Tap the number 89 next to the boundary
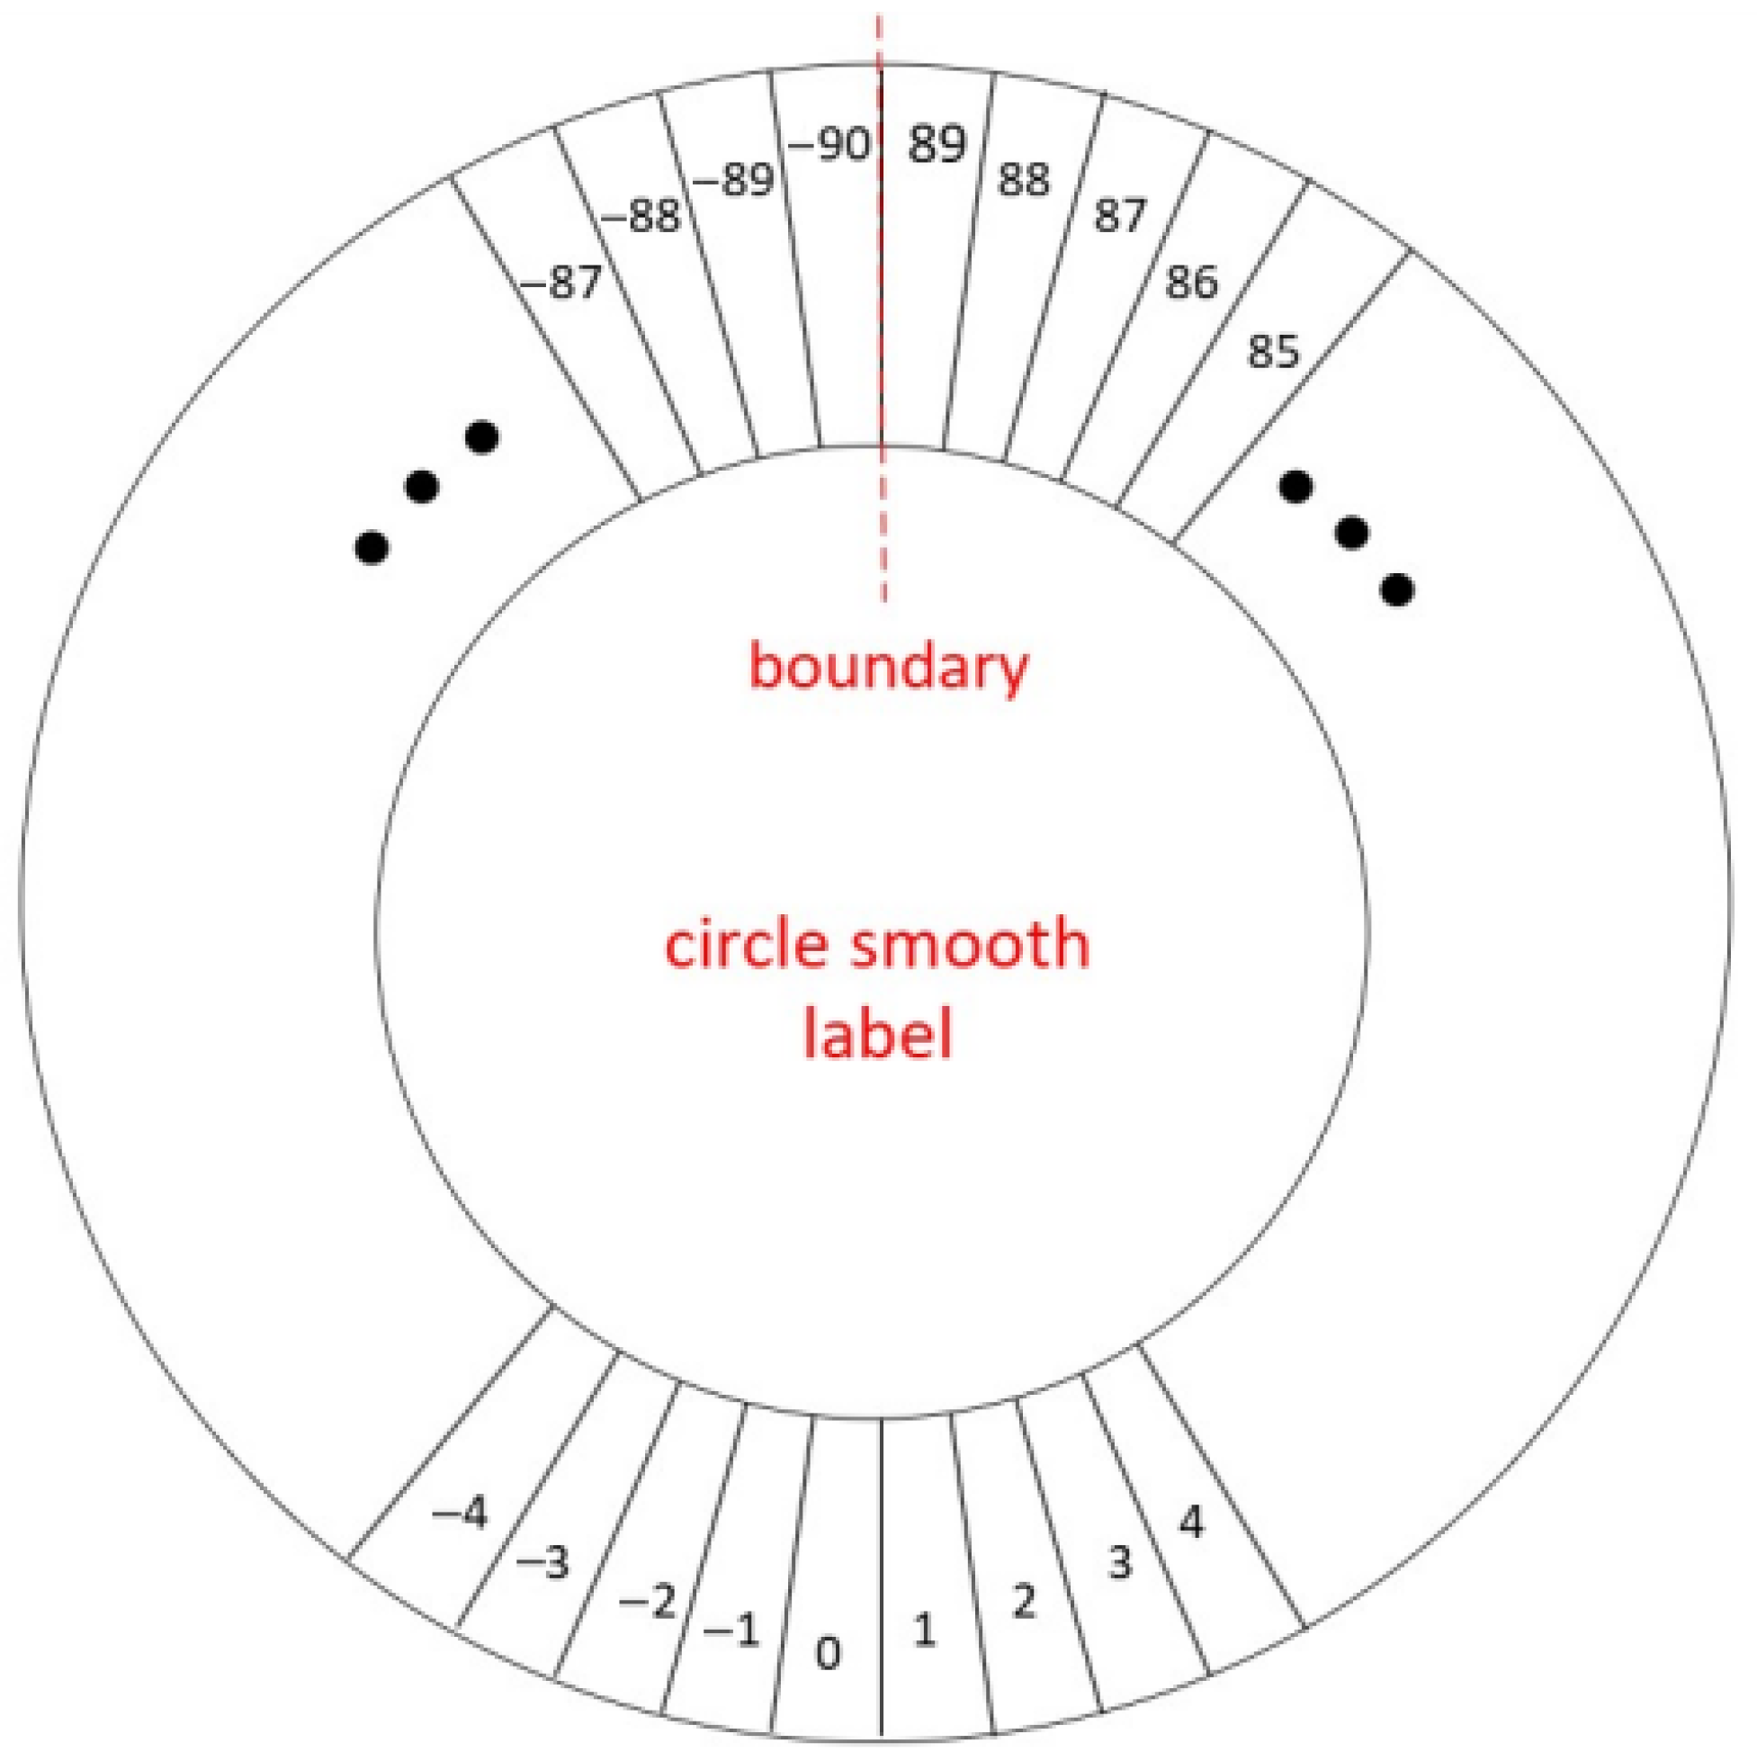936,144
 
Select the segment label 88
1024,180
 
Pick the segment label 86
1191,283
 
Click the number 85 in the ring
1272,352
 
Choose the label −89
733,180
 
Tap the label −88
641,217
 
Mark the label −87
561,283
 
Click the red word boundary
888,668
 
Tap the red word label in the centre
876,1037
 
